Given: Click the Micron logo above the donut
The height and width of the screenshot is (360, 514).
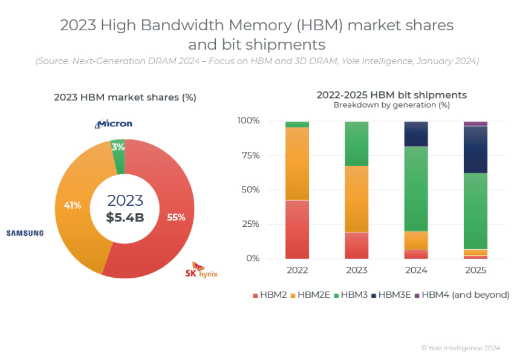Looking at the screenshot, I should click(113, 124).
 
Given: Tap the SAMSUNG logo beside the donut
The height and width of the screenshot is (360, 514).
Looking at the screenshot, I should click(25, 233).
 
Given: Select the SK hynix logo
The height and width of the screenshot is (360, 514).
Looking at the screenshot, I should click(201, 270).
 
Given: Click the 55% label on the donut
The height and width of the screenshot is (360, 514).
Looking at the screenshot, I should click(176, 217).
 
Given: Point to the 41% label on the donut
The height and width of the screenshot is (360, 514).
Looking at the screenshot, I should click(73, 205).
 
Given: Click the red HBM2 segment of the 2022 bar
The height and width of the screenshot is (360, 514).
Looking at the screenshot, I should click(297, 229).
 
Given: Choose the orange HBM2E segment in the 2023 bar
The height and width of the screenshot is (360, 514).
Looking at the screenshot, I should click(356, 198).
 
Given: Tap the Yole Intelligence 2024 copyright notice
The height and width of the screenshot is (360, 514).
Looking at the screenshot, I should click(460, 348).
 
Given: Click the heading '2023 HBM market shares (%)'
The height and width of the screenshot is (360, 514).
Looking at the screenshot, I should click(125, 97).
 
